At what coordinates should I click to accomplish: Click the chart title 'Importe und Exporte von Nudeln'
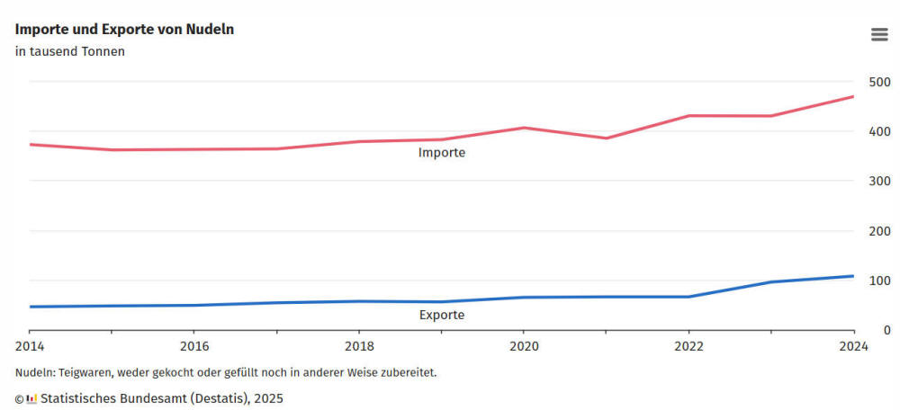click(124, 29)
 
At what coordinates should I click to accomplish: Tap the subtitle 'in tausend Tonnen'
click(69, 51)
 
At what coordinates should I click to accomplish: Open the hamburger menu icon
click(879, 34)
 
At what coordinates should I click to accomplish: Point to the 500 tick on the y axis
click(878, 82)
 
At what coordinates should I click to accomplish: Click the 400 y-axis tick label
click(878, 131)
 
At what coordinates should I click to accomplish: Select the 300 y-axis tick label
click(878, 181)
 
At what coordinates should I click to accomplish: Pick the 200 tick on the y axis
click(878, 231)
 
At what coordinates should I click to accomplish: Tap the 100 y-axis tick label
click(878, 281)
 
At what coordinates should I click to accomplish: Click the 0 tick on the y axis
click(886, 330)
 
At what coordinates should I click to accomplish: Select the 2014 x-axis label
click(29, 346)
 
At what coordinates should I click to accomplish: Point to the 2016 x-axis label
click(193, 346)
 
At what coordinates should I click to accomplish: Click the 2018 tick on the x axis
click(359, 346)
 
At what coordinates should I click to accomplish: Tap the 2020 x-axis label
click(524, 346)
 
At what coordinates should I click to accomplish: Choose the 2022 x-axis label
click(688, 346)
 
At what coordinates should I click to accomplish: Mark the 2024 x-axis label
click(853, 346)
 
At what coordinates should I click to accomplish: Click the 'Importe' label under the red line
click(441, 153)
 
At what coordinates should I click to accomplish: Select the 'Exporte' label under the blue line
click(442, 316)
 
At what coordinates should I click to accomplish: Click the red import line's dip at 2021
click(606, 138)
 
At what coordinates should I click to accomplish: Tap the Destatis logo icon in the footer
click(31, 397)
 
